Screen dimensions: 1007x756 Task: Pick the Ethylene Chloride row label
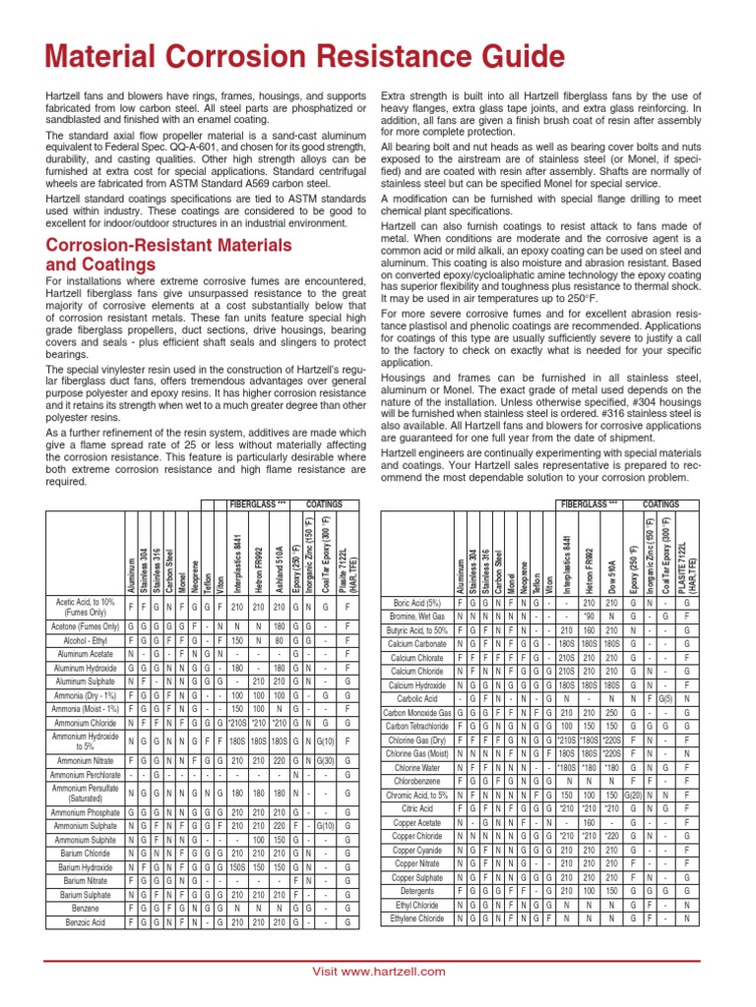pyautogui.click(x=417, y=918)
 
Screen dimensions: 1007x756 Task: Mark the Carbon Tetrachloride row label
pyautogui.click(x=417, y=725)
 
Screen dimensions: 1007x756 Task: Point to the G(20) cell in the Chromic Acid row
pyautogui.click(x=634, y=794)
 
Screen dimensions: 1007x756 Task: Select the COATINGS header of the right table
pyautogui.click(x=667, y=503)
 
